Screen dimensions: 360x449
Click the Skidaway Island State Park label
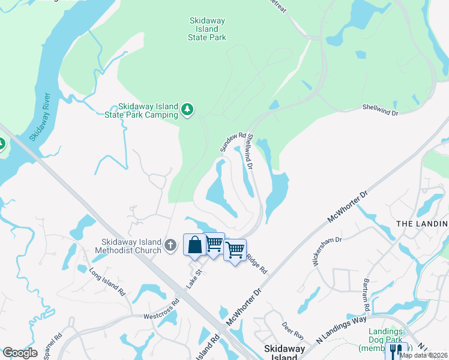point(207,29)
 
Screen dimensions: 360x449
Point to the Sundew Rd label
point(233,142)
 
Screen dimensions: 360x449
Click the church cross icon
point(170,245)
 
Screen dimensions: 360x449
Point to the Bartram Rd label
point(366,295)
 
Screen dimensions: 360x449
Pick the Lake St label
point(192,279)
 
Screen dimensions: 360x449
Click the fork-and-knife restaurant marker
point(396,350)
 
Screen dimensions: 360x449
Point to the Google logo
point(20,352)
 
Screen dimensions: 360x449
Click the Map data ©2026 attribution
point(423,355)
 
